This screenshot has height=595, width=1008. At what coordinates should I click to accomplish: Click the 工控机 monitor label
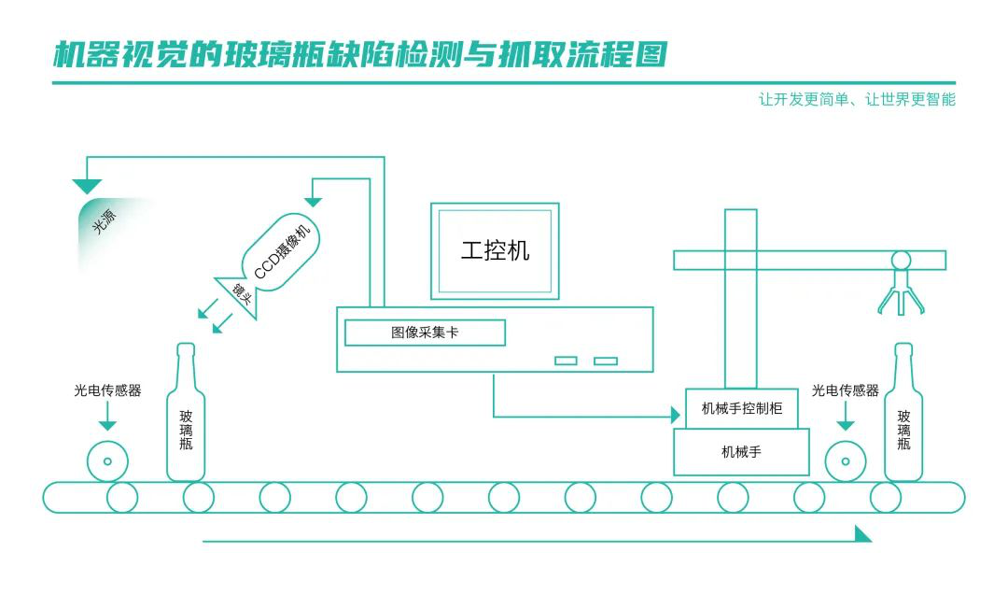point(495,250)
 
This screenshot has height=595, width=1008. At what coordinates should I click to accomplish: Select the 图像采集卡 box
point(425,333)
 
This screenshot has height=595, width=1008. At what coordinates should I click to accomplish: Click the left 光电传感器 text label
point(107,391)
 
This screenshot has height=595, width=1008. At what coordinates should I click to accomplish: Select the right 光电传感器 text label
point(845,391)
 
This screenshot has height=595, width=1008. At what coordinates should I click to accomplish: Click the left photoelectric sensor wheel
point(107,461)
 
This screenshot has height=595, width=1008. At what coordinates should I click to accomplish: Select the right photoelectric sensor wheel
point(846,461)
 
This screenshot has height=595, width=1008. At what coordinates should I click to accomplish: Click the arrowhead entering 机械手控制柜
point(676,415)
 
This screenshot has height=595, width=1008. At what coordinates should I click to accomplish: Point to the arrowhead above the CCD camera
point(314,201)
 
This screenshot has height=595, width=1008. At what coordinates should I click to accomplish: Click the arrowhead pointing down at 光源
point(88,185)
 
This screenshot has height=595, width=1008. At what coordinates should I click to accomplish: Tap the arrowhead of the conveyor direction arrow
point(863,534)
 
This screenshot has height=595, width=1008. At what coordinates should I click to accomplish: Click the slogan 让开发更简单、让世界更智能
point(857,100)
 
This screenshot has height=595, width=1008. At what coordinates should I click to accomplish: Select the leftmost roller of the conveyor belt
point(122,497)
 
